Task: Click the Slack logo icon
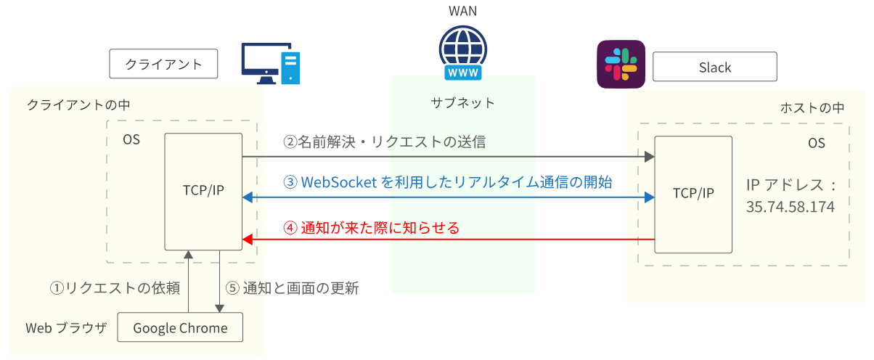pyautogui.click(x=621, y=64)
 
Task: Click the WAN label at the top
pyautogui.click(x=463, y=11)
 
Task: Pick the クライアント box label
pyautogui.click(x=164, y=64)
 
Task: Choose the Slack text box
pyautogui.click(x=714, y=67)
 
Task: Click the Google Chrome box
pyautogui.click(x=180, y=328)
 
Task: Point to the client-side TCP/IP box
pyautogui.click(x=203, y=192)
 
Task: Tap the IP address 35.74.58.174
pyautogui.click(x=790, y=207)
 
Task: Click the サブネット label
pyautogui.click(x=463, y=102)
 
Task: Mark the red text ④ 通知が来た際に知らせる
pyautogui.click(x=371, y=228)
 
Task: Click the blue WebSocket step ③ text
pyautogui.click(x=447, y=182)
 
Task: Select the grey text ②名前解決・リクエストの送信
pyautogui.click(x=384, y=142)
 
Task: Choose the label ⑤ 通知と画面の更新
pyautogui.click(x=292, y=288)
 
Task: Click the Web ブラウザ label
pyautogui.click(x=66, y=328)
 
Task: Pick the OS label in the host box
pyautogui.click(x=816, y=143)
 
